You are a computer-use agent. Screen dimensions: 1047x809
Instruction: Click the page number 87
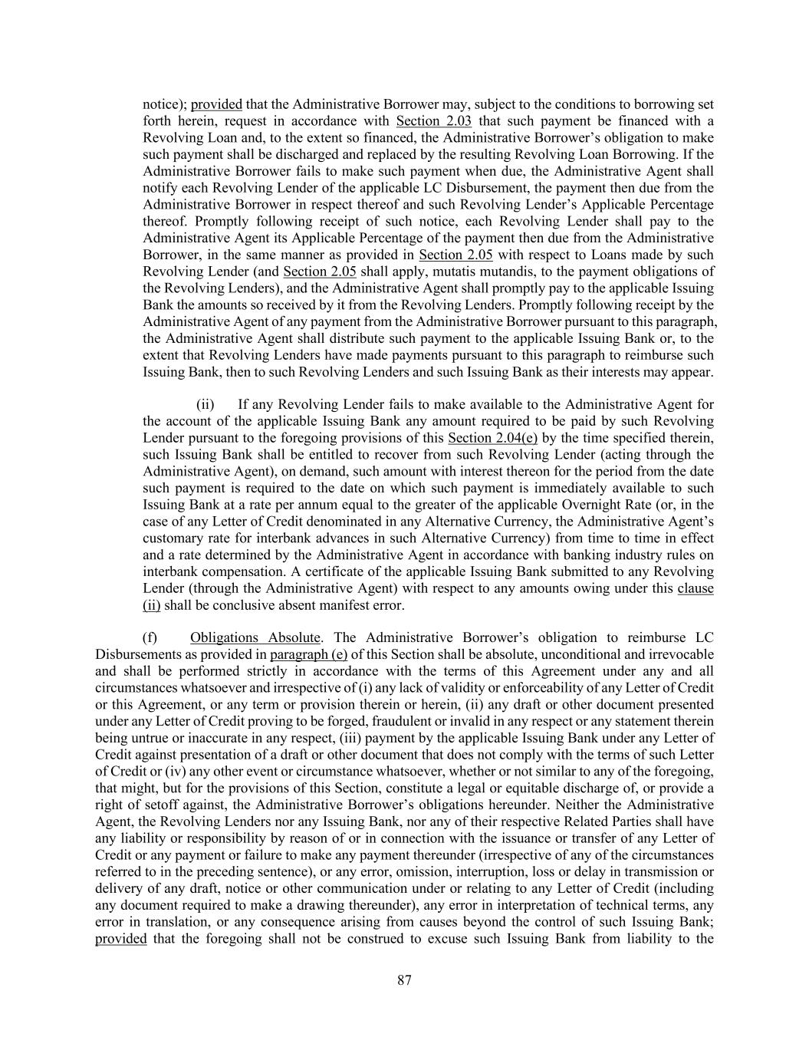point(405,980)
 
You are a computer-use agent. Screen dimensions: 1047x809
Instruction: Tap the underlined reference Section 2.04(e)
point(492,438)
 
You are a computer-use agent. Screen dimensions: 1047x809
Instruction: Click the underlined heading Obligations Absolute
point(255,638)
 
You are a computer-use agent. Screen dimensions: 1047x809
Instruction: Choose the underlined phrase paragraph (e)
point(308,655)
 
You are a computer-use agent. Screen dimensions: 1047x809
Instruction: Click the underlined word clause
point(696,589)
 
